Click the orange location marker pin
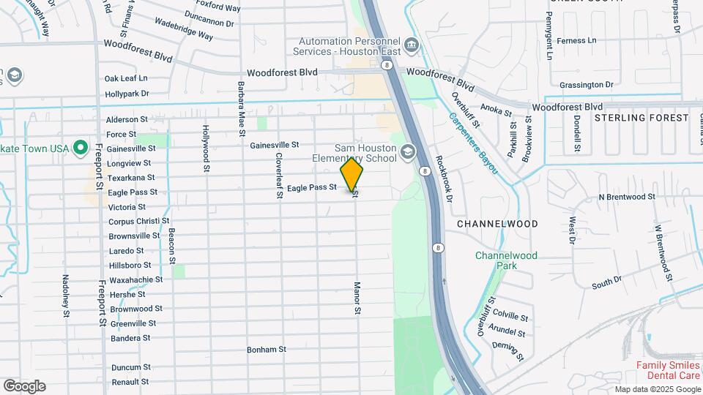[352, 176]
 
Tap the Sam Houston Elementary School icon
[407, 153]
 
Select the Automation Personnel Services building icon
[411, 46]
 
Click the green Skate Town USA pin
[81, 148]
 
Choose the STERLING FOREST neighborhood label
[641, 118]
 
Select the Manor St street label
[357, 298]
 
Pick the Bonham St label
[266, 350]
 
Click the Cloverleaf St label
[279, 175]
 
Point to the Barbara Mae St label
[240, 108]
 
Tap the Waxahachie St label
[135, 279]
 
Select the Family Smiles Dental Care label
[668, 369]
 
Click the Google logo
[24, 386]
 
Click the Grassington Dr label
[586, 85]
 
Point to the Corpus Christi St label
[138, 221]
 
